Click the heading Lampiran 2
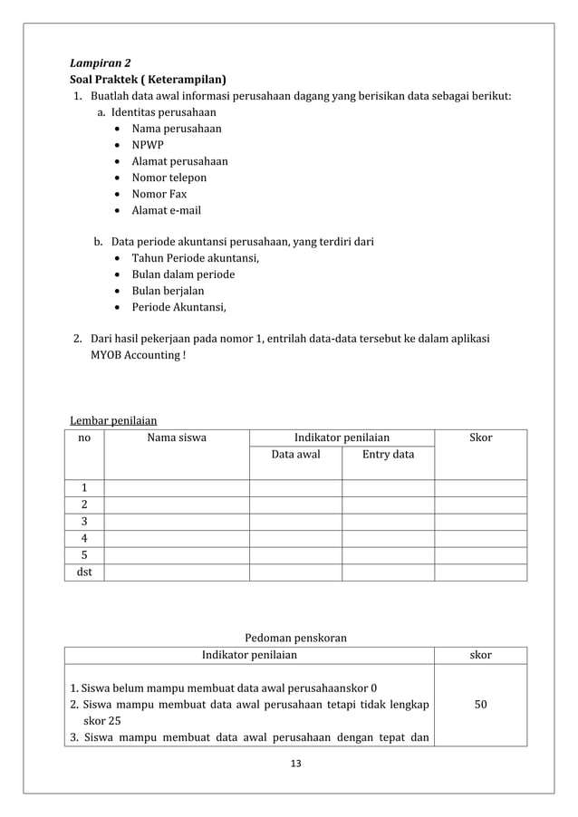click(101, 63)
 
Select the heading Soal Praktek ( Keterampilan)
click(149, 80)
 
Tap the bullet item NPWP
click(148, 145)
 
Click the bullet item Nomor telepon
click(169, 178)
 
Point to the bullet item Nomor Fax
click(159, 194)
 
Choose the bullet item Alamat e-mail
click(166, 210)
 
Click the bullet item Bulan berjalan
click(168, 291)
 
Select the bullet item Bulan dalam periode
click(183, 274)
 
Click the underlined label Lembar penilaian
click(113, 420)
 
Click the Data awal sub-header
click(295, 455)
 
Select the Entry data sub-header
click(388, 455)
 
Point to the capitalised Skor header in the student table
click(480, 437)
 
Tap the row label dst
click(84, 572)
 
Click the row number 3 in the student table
click(84, 522)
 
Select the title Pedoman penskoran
click(296, 638)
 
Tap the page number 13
click(294, 764)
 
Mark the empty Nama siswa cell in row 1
click(176, 488)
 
